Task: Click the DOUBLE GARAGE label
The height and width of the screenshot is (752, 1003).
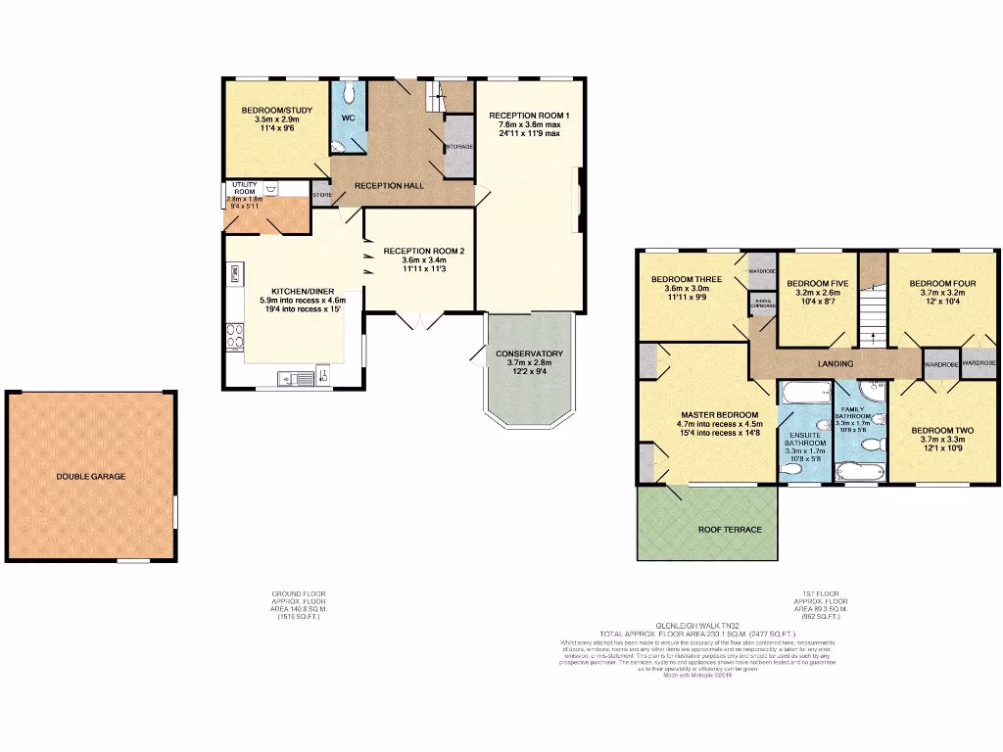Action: click(x=90, y=477)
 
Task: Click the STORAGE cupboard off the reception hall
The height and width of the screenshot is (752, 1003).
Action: click(x=458, y=147)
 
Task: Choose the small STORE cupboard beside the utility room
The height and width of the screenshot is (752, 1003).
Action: click(x=322, y=195)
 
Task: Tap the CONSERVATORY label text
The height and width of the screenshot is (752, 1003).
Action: click(x=529, y=353)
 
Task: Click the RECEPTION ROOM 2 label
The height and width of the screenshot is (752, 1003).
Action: click(x=423, y=251)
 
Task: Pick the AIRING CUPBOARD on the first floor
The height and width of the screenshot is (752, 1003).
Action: click(x=763, y=305)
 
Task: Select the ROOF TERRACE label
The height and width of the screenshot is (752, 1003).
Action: click(x=730, y=530)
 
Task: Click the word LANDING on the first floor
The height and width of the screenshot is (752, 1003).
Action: click(x=836, y=364)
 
